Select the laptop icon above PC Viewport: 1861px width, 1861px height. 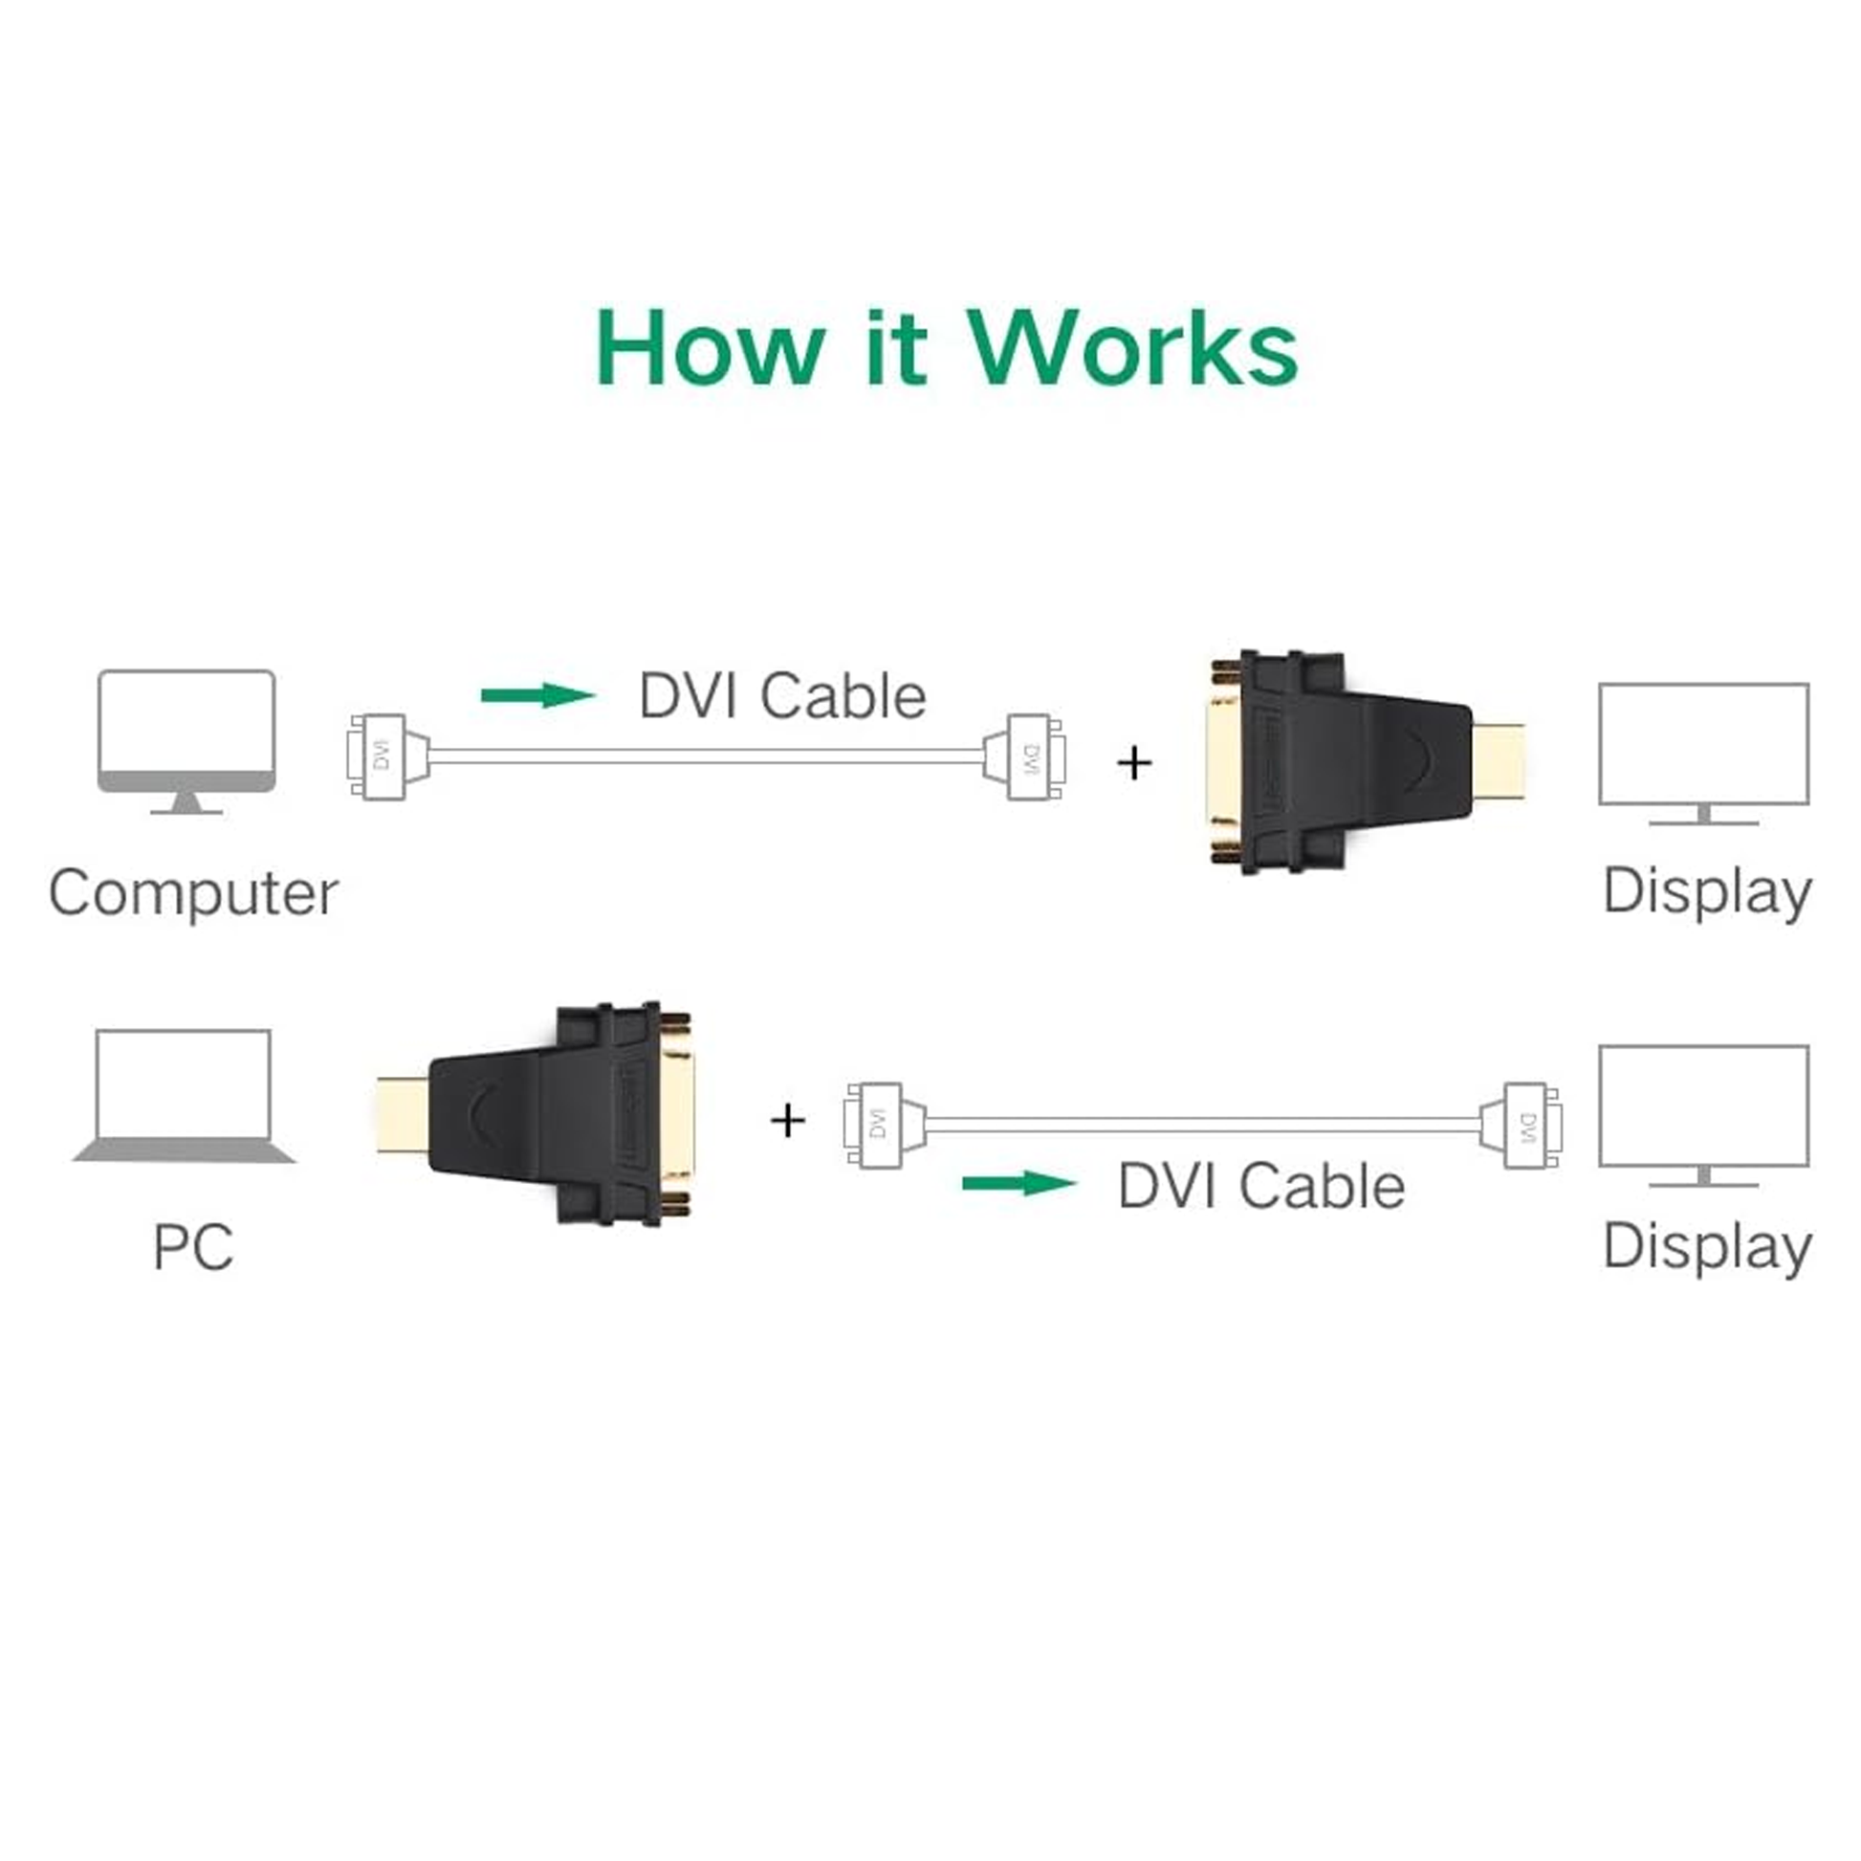(183, 1097)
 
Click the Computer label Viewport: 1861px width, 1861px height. (192, 893)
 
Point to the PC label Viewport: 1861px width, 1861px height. (192, 1247)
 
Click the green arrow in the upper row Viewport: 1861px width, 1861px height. (537, 694)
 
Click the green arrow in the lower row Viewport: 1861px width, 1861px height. (1018, 1183)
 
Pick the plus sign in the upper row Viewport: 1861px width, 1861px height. (1134, 763)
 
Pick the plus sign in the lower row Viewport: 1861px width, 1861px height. (788, 1120)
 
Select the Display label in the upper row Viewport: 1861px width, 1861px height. (1707, 892)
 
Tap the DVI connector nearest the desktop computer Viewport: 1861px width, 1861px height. (378, 756)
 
